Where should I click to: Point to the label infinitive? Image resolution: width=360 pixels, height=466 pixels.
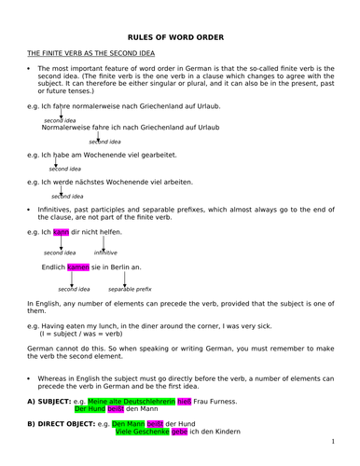point(105,252)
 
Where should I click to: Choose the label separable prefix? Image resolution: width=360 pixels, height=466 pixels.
point(130,289)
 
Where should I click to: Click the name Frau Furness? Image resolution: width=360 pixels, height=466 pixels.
point(215,402)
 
